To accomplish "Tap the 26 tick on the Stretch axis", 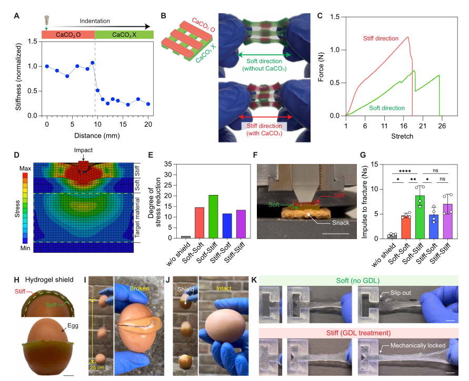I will pos(441,126).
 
